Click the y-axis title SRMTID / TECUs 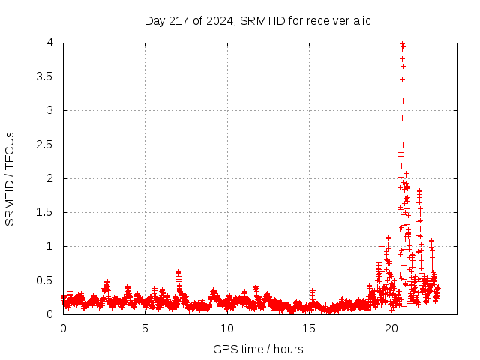click(10, 179)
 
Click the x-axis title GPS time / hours click(258, 349)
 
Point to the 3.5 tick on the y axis click(47, 76)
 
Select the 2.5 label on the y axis click(47, 145)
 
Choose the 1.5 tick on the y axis click(47, 212)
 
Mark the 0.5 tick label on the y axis click(47, 280)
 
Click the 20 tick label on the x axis click(391, 328)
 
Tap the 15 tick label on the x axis click(309, 328)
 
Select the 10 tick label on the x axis click(227, 328)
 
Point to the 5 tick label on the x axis click(145, 328)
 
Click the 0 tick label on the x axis click(63, 328)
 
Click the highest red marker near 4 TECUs click(403, 43)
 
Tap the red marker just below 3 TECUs click(402, 118)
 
